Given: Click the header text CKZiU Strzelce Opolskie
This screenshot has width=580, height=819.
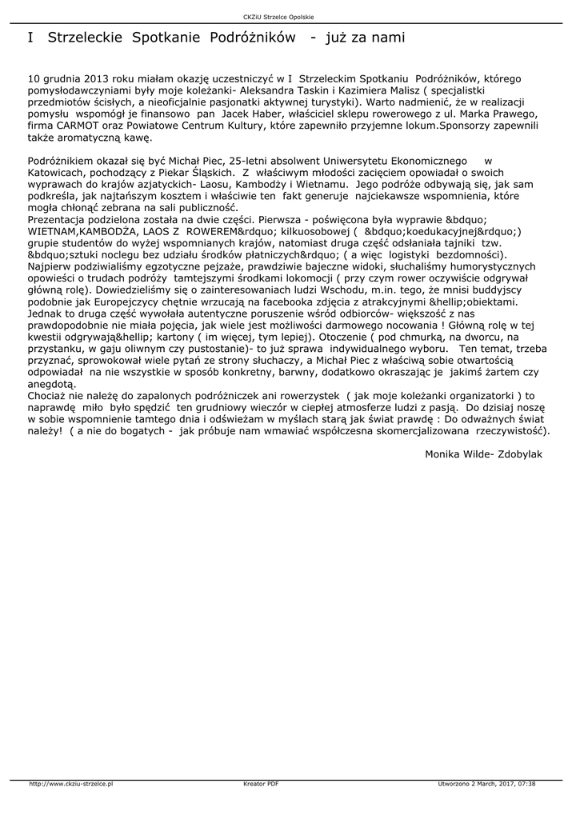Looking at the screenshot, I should tap(290, 18).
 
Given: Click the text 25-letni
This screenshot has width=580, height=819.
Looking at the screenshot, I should tap(250, 160).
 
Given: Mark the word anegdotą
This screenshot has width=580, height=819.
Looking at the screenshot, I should tap(51, 383).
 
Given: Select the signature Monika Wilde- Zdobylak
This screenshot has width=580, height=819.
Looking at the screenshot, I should tap(484, 453).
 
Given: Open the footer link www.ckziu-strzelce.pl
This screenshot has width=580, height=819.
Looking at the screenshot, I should tap(70, 784).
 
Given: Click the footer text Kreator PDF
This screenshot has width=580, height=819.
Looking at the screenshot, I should tap(261, 784).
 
